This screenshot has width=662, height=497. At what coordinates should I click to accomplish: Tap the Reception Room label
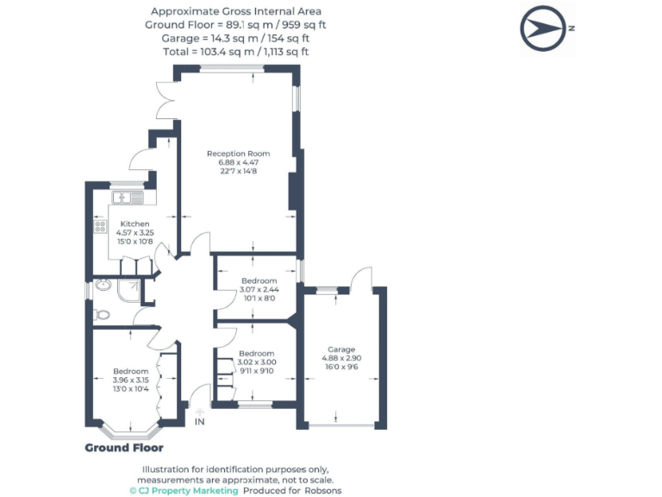(232, 154)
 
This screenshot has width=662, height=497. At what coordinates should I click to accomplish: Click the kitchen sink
(128, 199)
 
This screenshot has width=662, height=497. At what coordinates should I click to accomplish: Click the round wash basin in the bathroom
(102, 285)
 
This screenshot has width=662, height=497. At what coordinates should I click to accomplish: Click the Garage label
(340, 349)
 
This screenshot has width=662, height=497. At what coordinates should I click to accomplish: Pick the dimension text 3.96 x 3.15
(130, 380)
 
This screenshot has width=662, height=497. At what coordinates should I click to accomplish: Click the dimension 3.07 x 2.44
(259, 289)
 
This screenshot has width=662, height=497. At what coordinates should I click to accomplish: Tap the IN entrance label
(200, 422)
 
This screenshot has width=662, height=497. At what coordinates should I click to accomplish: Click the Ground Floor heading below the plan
(123, 448)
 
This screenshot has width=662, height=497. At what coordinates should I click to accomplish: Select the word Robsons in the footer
(324, 490)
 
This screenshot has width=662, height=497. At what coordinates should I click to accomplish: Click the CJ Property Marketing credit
(184, 490)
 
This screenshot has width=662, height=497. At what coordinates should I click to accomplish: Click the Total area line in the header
(235, 52)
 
